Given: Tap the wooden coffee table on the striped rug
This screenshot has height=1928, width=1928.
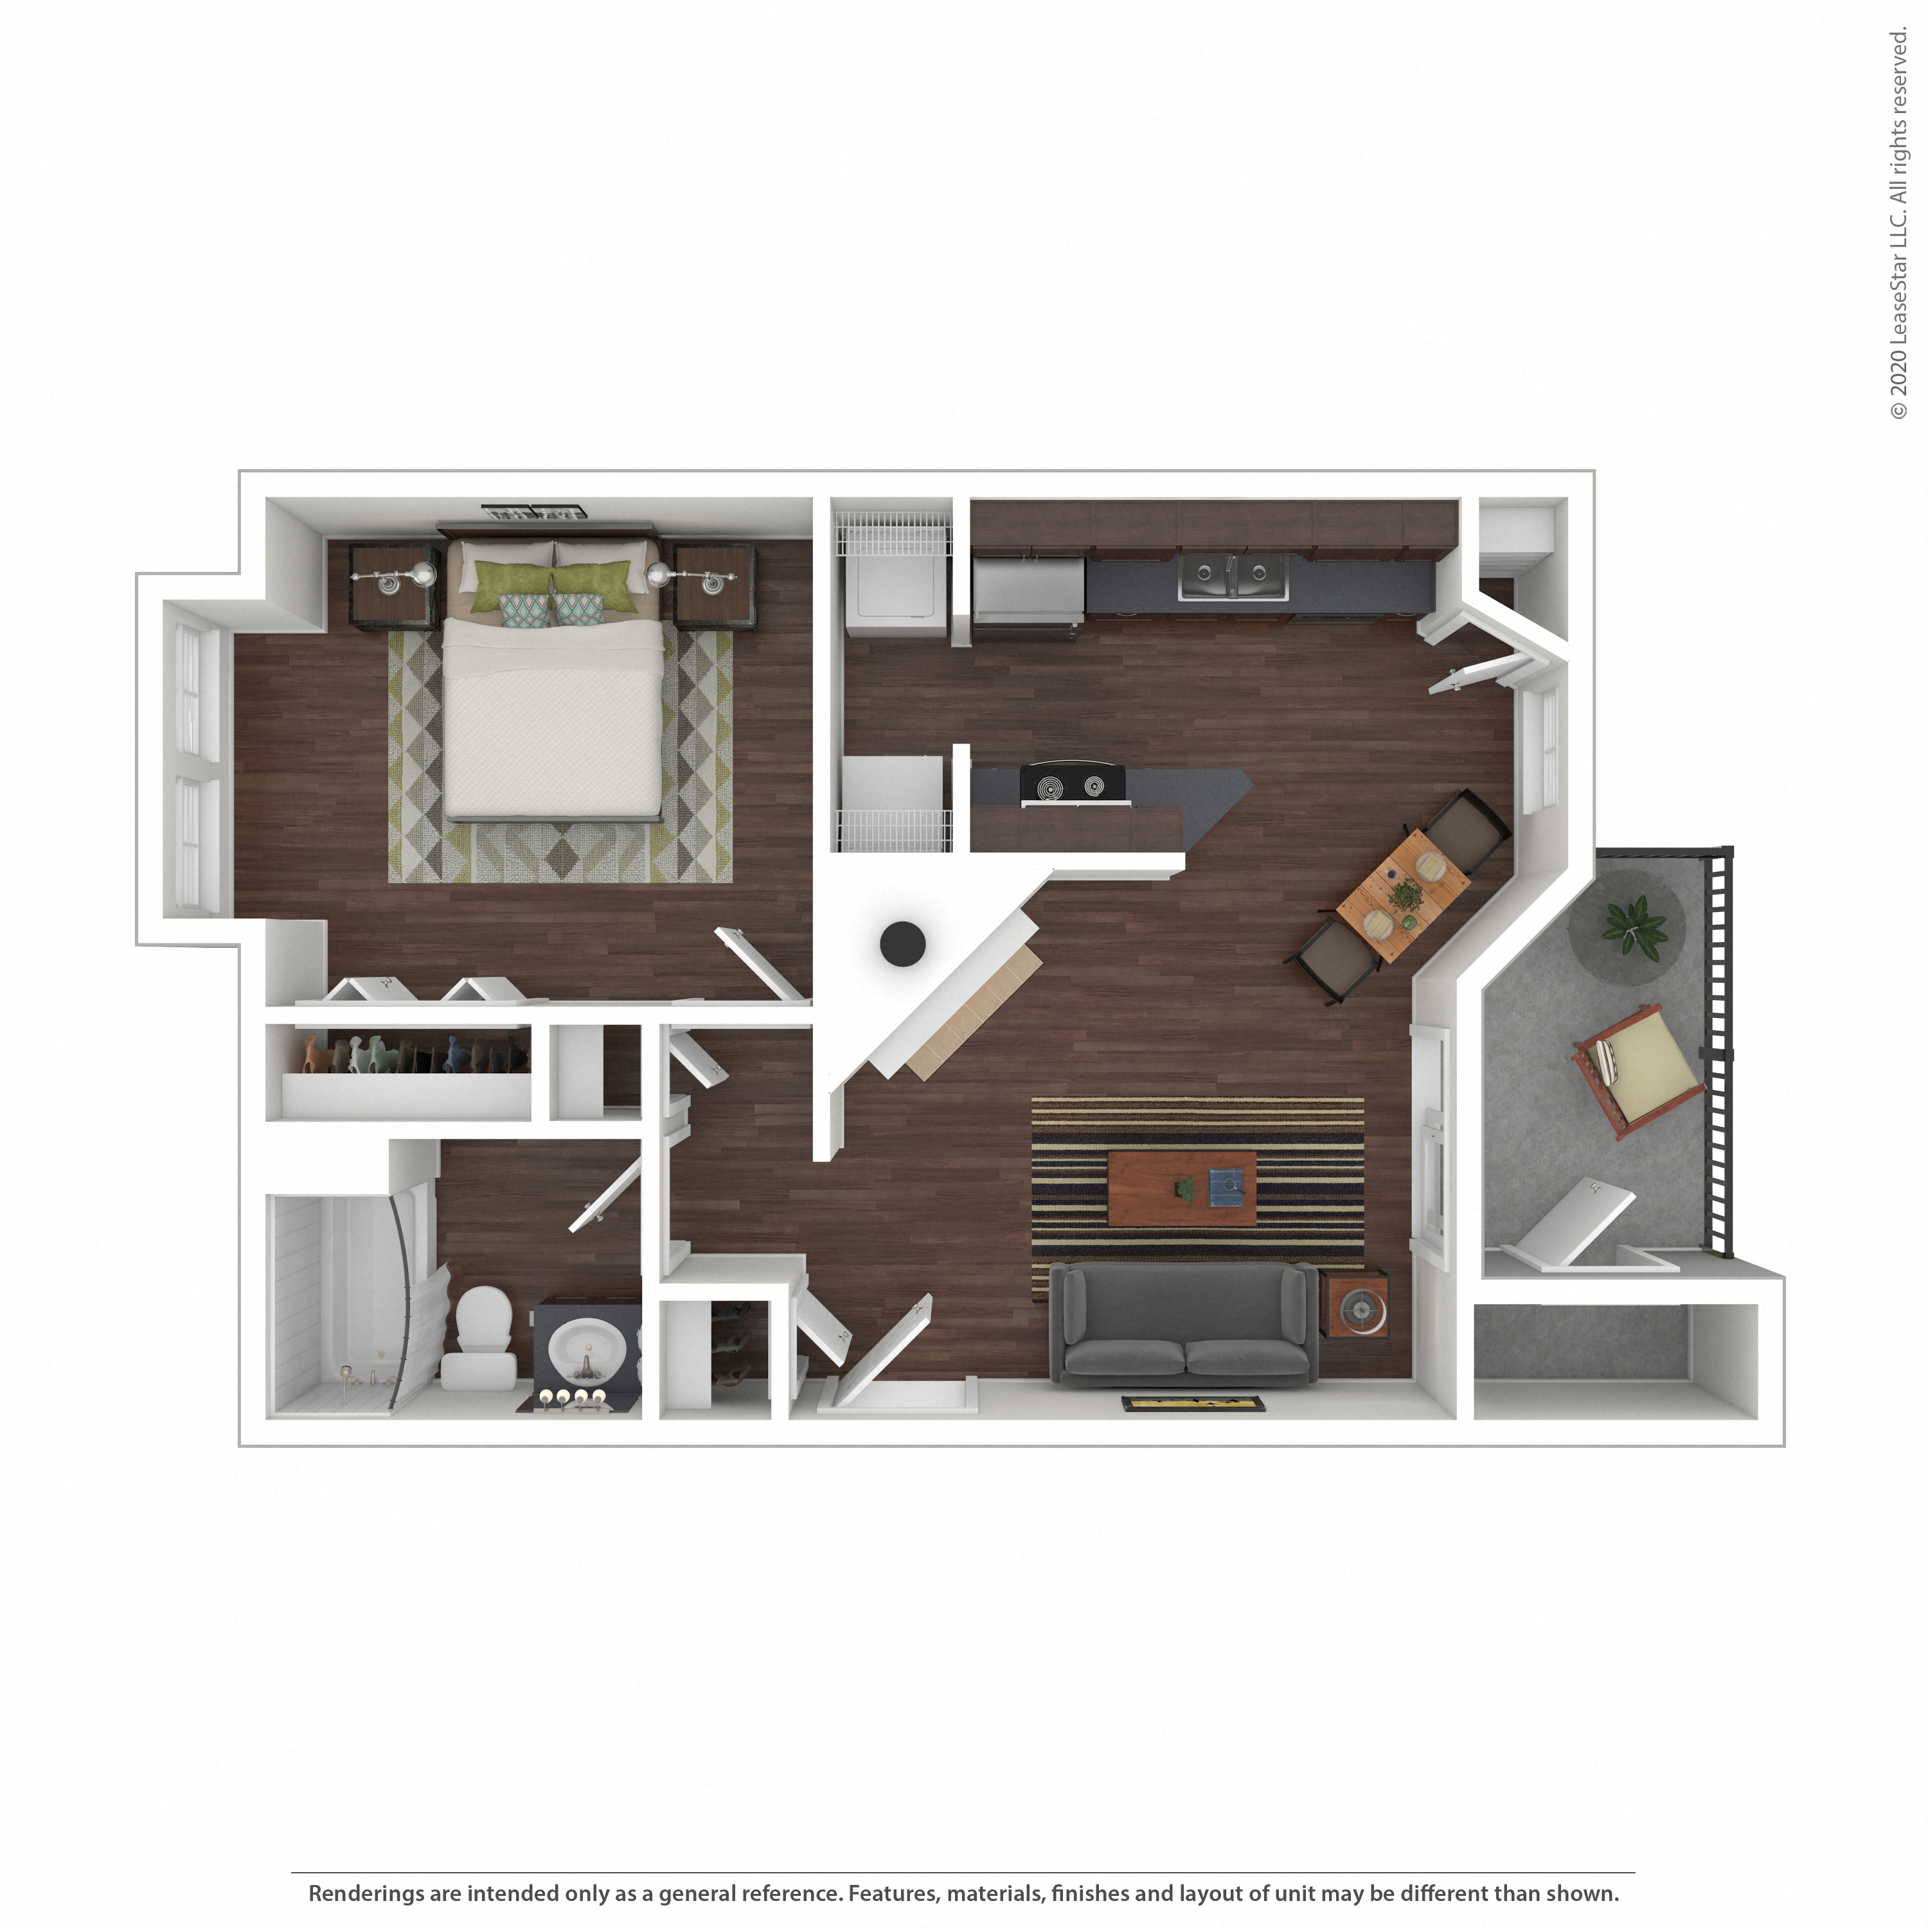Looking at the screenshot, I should pos(1182,1188).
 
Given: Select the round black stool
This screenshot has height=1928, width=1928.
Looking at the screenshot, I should pos(902,943).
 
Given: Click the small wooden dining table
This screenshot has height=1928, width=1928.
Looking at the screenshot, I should pos(1402,893).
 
